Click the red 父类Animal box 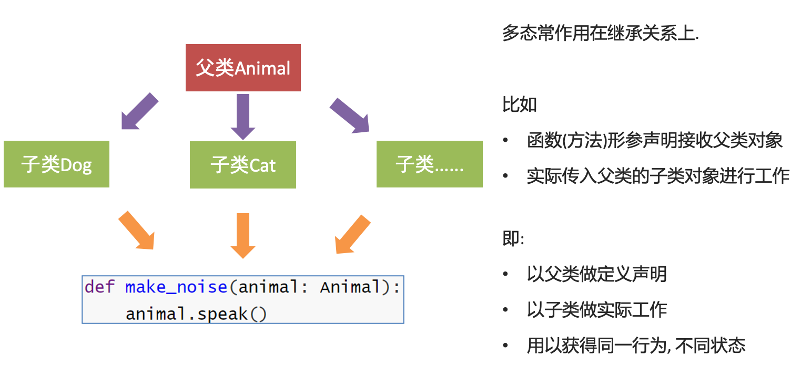point(243,68)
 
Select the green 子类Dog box point(56,164)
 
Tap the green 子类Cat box point(243,165)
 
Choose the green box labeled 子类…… point(429,164)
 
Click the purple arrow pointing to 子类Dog point(139,111)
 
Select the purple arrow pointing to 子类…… point(350,114)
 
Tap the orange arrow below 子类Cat point(242,235)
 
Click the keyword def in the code point(99,287)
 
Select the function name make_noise point(176,287)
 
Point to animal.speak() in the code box point(196,314)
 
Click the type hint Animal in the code point(350,287)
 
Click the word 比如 point(519,104)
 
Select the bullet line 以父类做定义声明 point(596,274)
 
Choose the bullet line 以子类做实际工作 point(596,310)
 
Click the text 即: point(513,239)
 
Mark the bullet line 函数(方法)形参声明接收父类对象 point(655,141)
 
